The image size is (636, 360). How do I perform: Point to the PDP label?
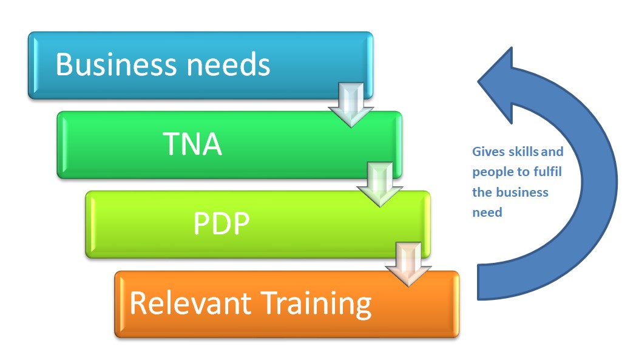222,224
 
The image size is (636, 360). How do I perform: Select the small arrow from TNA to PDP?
380,184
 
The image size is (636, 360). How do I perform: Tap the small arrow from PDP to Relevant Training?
408,264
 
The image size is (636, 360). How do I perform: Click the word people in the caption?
490,172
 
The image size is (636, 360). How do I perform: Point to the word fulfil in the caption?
547,172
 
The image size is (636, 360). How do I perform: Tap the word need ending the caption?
487,212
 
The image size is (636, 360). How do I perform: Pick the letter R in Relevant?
139,303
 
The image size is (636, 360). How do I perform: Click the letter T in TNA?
171,144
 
